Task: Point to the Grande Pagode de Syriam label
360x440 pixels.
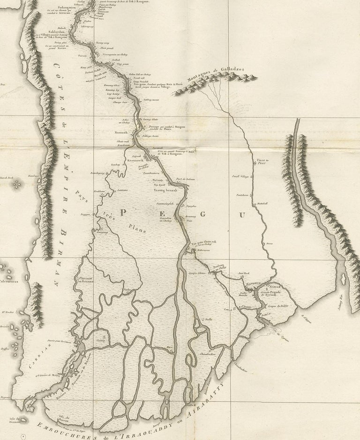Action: click(x=275, y=292)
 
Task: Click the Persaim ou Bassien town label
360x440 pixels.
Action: click(x=83, y=281)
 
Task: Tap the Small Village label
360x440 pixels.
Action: click(x=241, y=177)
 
